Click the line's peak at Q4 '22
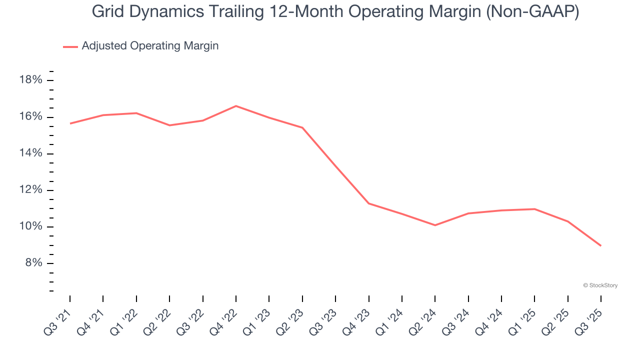(x=236, y=106)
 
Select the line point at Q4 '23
(x=368, y=203)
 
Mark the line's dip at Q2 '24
(x=435, y=225)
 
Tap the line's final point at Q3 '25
(x=600, y=245)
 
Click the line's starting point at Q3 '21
(x=70, y=123)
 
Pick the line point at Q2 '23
(x=302, y=127)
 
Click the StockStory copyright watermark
(x=600, y=285)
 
